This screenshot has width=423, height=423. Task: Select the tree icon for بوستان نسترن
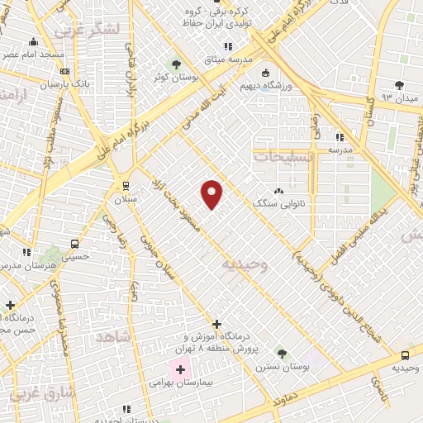(x=282, y=353)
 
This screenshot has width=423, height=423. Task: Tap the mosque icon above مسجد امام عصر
(x=33, y=41)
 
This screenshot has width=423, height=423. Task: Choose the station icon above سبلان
(x=126, y=186)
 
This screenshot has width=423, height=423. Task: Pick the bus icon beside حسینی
(x=75, y=244)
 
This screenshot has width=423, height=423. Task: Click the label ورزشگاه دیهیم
(x=264, y=85)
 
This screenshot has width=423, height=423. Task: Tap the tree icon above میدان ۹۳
(x=400, y=85)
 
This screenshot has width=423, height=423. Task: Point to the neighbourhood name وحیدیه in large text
(x=245, y=264)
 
